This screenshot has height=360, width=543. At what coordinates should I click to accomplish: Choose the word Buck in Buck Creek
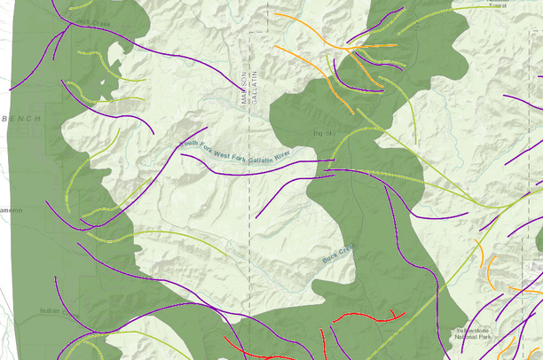pyautogui.click(x=330, y=261)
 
